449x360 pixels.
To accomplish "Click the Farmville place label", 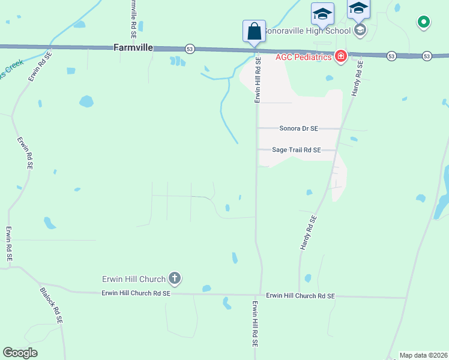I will coord(133,47).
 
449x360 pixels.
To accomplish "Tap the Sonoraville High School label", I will coord(307,31).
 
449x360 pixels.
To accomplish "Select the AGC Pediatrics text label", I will coord(304,57).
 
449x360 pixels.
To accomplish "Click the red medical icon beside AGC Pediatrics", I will coord(341,57).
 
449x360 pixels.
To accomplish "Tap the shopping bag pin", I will coord(254,31).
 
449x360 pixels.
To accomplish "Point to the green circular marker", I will coord(423,23).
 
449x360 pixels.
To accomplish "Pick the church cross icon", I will coord(175,278).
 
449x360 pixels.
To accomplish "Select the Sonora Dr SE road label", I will coord(298,128).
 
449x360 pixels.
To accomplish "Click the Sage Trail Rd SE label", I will coord(297,150).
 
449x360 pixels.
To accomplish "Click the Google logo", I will coord(20,353).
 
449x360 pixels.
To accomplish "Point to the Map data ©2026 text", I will coord(423,355).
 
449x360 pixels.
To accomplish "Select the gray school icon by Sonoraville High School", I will coord(360,30).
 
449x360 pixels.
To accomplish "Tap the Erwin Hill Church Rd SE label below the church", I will coord(136,293).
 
